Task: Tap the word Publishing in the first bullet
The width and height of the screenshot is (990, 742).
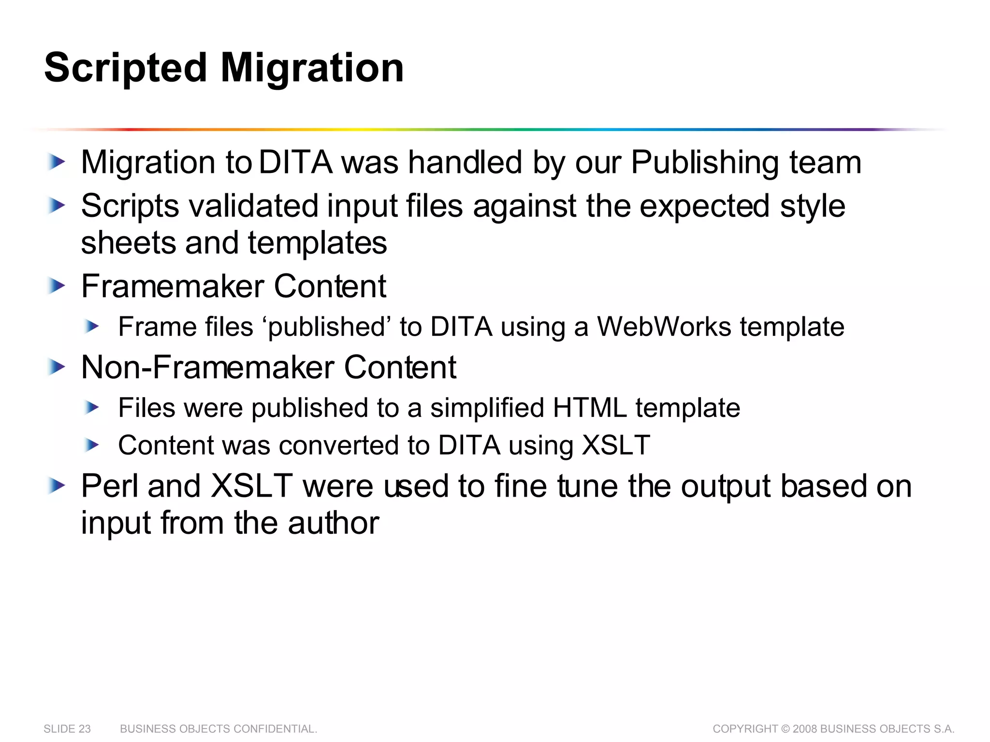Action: tap(705, 162)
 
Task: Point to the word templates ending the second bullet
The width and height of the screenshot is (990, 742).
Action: tap(317, 243)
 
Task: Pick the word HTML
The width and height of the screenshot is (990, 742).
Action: tap(590, 408)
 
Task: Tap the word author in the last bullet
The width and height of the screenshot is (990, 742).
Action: tap(334, 523)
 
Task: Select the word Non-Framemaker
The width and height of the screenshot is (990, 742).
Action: tap(208, 368)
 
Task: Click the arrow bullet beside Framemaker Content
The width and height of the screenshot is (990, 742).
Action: tap(57, 286)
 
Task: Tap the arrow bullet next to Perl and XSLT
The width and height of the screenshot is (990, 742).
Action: tap(57, 486)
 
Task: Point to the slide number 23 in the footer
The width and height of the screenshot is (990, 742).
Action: tap(85, 729)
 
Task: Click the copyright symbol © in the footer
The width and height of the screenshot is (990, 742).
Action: tap(786, 729)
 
